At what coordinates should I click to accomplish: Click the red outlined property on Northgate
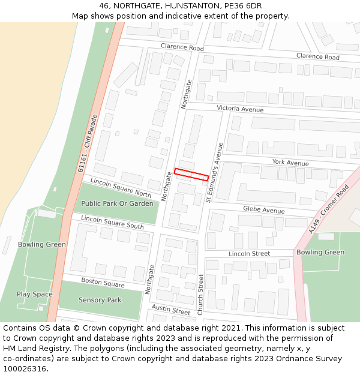pyautogui.click(x=191, y=175)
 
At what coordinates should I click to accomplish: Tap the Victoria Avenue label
pyautogui.click(x=240, y=109)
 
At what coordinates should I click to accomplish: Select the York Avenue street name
pyautogui.click(x=290, y=163)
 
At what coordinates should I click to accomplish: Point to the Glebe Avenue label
pyautogui.click(x=263, y=210)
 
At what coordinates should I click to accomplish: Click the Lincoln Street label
pyautogui.click(x=249, y=254)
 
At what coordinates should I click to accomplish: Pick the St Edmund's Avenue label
pyautogui.click(x=214, y=172)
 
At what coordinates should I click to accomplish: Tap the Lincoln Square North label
pyautogui.click(x=121, y=187)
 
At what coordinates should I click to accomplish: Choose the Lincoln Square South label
pyautogui.click(x=112, y=222)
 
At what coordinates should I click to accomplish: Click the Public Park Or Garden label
pyautogui.click(x=117, y=203)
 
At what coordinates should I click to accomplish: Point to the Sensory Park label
pyautogui.click(x=100, y=300)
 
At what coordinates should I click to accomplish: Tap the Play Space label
pyautogui.click(x=35, y=294)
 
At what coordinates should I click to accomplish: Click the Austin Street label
pyautogui.click(x=170, y=309)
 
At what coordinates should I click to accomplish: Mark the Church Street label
pyautogui.click(x=201, y=295)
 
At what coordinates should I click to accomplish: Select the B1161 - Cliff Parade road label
pyautogui.click(x=87, y=144)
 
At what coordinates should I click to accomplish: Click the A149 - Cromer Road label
pyautogui.click(x=329, y=209)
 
